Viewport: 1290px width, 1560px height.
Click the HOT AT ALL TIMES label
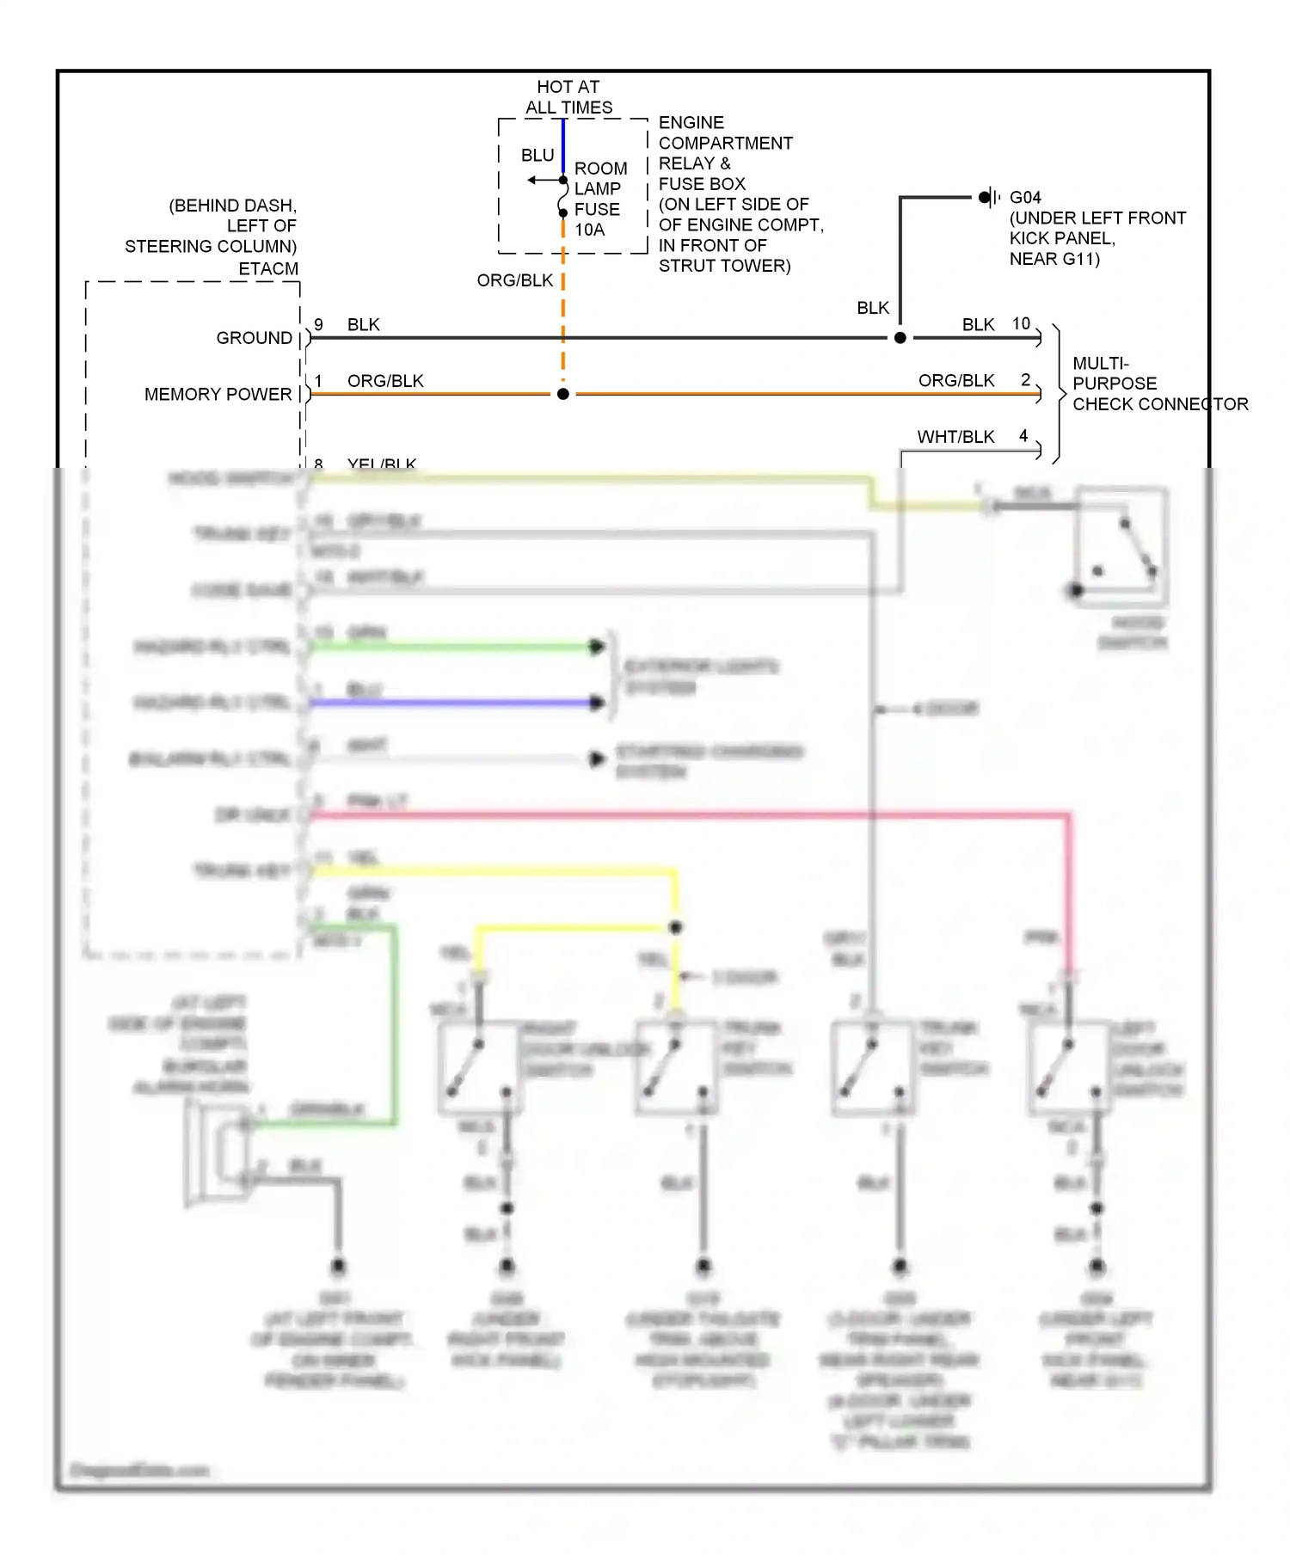568,97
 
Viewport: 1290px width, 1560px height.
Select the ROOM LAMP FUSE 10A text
599,199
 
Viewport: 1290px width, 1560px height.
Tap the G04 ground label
1025,197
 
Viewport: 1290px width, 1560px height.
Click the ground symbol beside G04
990,197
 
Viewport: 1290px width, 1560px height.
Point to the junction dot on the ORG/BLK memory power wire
563,394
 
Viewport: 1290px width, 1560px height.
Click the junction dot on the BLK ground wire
900,338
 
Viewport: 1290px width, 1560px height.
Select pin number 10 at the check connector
1021,323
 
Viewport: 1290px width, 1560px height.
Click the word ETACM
268,268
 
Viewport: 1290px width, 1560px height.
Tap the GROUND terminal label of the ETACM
254,338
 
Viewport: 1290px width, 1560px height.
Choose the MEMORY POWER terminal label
218,394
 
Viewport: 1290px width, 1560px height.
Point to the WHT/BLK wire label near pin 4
955,437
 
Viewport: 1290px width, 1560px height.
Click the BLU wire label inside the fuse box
537,156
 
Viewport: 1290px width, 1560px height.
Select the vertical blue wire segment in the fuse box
563,146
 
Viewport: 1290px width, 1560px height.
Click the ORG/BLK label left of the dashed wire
515,280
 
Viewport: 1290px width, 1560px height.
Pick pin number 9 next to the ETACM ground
318,324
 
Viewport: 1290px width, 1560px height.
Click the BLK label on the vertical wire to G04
873,308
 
